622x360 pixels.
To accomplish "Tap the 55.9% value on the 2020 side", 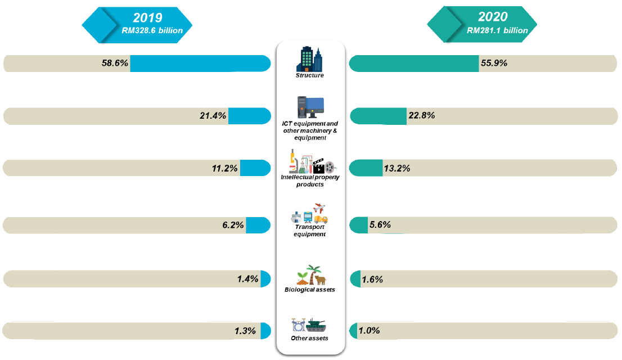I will click(x=494, y=63).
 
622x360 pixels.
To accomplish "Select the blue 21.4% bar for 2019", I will click(x=249, y=116).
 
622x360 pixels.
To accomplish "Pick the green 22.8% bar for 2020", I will click(x=378, y=116).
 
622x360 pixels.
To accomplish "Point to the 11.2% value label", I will click(x=225, y=168).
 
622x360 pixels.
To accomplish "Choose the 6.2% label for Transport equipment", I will click(x=232, y=226).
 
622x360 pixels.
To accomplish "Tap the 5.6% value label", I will click(x=380, y=225).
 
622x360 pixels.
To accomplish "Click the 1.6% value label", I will click(x=372, y=279).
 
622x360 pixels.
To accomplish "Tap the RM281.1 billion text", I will click(x=497, y=30).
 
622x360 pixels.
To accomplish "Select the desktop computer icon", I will click(x=310, y=106).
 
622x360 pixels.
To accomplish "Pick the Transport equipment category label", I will click(x=310, y=231).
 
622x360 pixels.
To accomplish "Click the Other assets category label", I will click(x=310, y=338).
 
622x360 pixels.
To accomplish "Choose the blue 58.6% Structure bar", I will click(x=200, y=64).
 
